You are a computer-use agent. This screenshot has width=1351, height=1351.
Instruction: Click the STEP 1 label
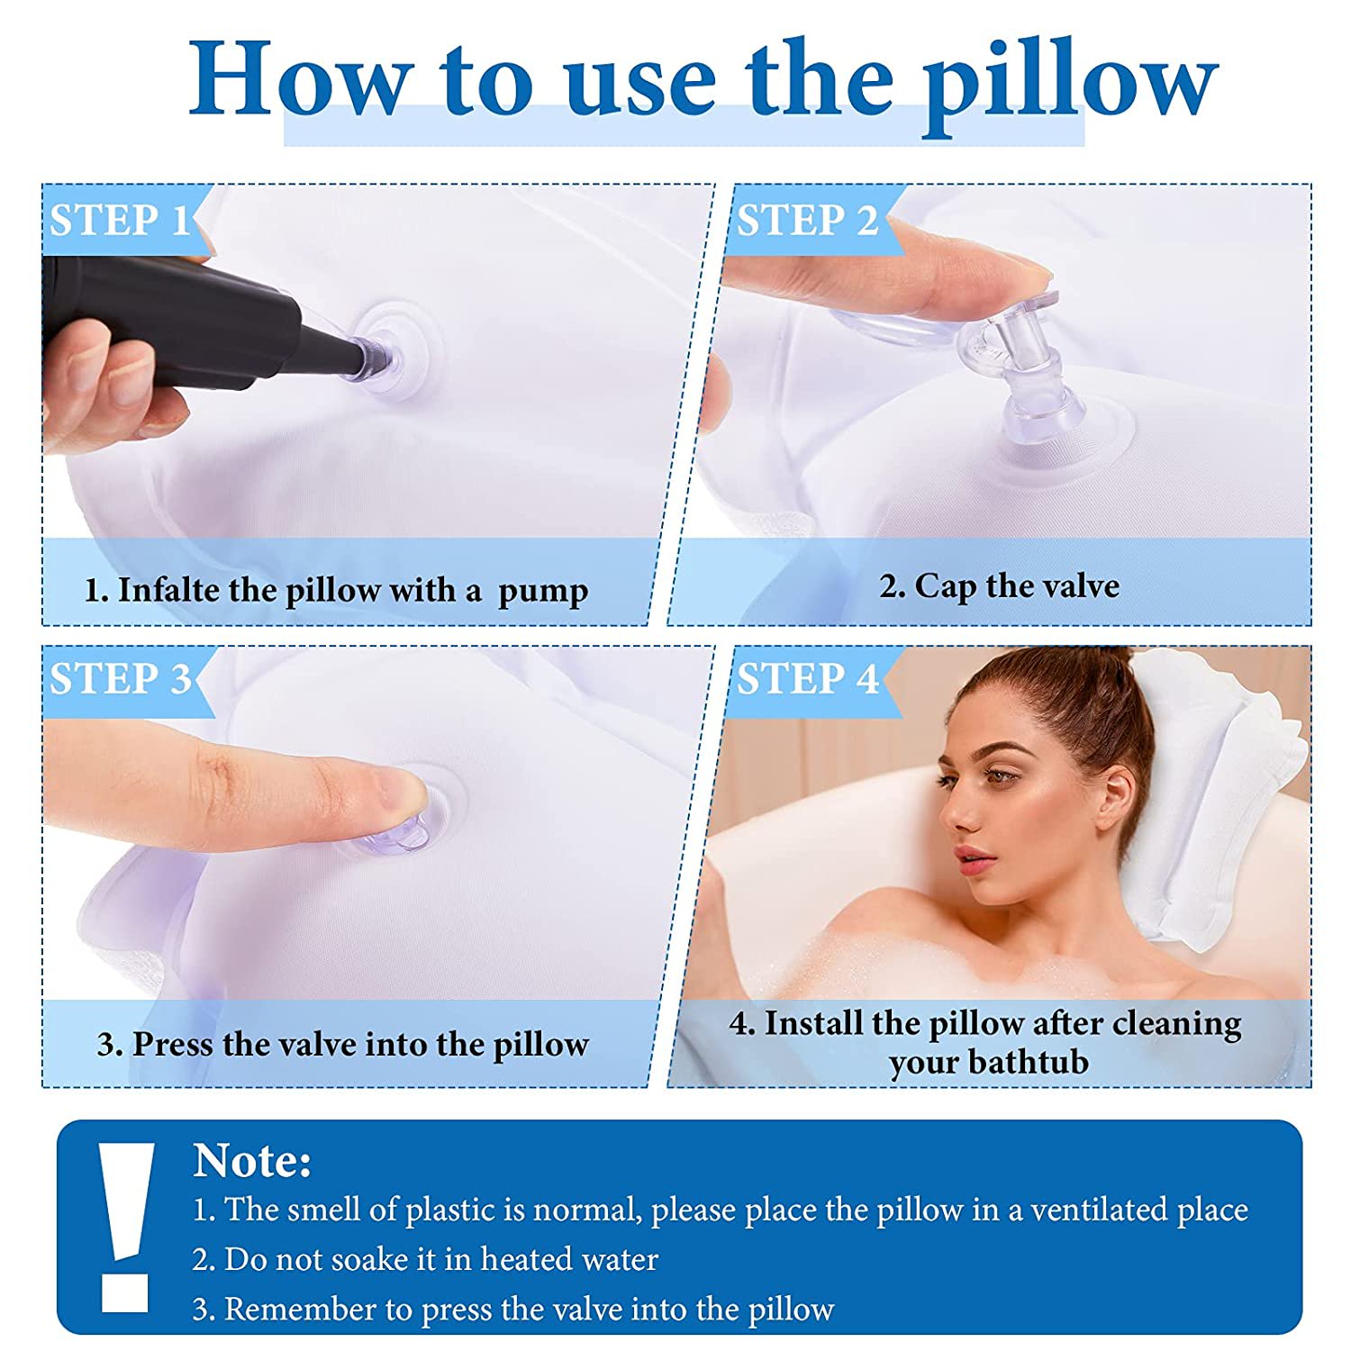[x=121, y=221]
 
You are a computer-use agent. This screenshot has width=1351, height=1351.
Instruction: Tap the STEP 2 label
[x=808, y=221]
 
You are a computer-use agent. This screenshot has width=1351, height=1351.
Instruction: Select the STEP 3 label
[x=121, y=679]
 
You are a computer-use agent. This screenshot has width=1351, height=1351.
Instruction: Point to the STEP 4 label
[x=808, y=679]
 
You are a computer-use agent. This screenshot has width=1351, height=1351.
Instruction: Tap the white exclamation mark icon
[x=125, y=1227]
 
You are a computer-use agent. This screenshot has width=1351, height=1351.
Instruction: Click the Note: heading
[x=252, y=1161]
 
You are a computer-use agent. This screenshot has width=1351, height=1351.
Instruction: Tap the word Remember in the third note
[x=307, y=1309]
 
